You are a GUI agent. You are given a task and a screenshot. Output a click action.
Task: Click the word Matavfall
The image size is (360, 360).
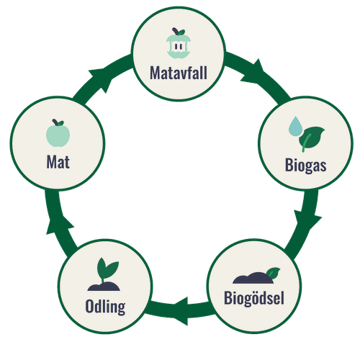[179, 73]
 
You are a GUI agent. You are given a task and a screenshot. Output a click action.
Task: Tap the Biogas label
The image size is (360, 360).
[305, 166]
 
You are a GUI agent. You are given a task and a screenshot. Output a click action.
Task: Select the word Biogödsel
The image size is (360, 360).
[254, 298]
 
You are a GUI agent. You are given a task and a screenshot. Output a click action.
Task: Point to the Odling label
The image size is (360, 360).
[105, 307]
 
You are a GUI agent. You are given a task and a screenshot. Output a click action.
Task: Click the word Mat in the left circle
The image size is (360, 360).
[58, 162]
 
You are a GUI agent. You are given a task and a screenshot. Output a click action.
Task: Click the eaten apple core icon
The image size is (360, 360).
[179, 43]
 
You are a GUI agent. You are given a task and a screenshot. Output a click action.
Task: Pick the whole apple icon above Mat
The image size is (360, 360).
[58, 133]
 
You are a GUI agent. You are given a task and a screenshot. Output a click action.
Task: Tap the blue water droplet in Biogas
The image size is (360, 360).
[295, 127]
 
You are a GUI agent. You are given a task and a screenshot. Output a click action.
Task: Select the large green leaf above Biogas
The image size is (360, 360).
[312, 138]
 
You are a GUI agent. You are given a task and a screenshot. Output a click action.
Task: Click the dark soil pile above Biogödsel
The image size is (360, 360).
[253, 278]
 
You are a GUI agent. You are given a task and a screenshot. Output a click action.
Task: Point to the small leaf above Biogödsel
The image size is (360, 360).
[273, 273]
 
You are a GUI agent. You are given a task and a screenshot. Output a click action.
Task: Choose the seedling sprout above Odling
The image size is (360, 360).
[107, 269]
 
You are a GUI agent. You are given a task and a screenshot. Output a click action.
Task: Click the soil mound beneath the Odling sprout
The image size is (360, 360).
[104, 287]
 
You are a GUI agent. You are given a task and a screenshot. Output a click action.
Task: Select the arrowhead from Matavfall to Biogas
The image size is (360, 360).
[253, 72]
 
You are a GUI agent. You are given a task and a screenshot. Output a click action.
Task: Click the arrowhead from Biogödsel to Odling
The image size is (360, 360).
[181, 311]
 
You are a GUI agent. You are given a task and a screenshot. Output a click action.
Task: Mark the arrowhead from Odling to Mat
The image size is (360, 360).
[59, 225]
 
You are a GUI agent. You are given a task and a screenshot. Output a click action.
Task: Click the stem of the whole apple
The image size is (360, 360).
[55, 122]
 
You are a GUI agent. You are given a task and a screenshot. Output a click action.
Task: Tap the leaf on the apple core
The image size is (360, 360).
[181, 32]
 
